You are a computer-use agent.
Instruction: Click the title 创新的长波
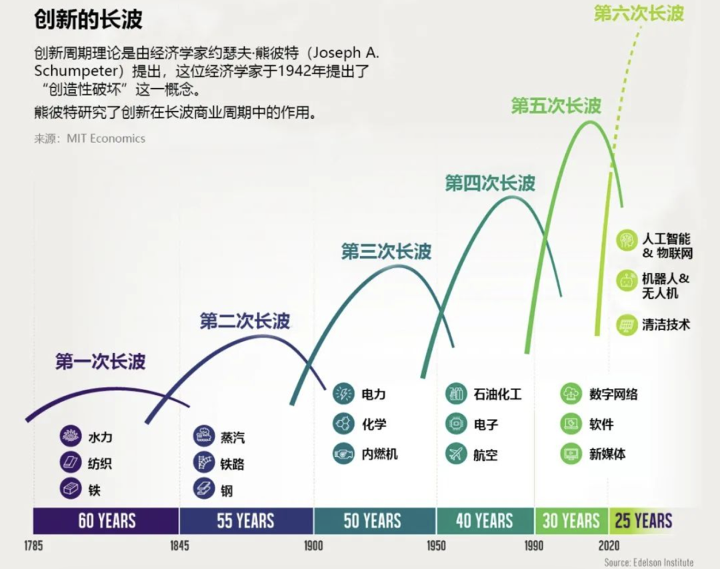(88, 19)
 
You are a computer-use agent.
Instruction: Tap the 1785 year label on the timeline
(33, 546)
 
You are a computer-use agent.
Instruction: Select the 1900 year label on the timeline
(313, 546)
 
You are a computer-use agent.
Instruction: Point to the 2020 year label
(609, 546)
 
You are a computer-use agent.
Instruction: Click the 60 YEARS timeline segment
(107, 520)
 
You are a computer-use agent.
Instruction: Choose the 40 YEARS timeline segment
(485, 520)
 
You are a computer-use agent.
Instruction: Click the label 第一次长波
(100, 362)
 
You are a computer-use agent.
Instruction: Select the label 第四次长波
(490, 183)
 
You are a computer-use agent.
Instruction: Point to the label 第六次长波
(639, 13)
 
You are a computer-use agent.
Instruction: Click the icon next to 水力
(69, 438)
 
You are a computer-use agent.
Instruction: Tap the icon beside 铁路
(203, 463)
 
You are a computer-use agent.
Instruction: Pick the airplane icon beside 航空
(456, 454)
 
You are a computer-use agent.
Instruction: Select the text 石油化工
(497, 394)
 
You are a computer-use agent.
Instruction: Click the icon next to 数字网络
(571, 394)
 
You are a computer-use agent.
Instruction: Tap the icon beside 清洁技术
(627, 325)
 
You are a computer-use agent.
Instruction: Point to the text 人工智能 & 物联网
(667, 245)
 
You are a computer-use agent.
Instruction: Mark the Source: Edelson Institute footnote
(649, 562)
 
